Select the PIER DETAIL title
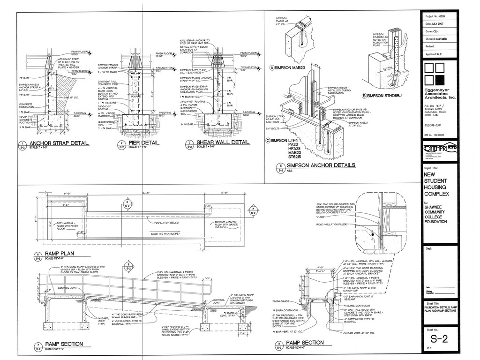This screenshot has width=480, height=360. coord(144,143)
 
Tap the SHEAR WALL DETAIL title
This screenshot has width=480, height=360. coord(223,142)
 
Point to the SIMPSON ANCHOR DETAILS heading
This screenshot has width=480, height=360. coord(321,165)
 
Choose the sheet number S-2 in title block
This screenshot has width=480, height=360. coord(439,339)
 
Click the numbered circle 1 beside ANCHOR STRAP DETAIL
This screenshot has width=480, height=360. coord(22,144)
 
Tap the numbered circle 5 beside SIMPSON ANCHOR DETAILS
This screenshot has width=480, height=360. coord(280,167)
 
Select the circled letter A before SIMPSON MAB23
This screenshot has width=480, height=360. coord(272,68)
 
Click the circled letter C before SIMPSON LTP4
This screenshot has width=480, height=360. coord(268,140)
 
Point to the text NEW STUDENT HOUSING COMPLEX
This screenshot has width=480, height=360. coord(436,184)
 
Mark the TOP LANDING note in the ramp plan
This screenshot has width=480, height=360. coord(68,226)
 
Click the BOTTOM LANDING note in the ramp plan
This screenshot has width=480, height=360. coord(227,224)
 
